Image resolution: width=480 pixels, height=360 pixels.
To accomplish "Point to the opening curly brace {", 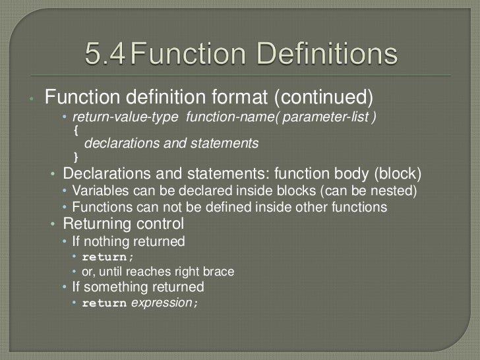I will (x=75, y=131).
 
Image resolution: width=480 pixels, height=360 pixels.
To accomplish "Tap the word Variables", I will (x=99, y=192).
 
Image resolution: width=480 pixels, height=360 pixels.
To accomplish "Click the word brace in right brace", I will (x=219, y=272).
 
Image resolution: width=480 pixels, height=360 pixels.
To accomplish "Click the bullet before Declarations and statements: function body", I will (x=53, y=175).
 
